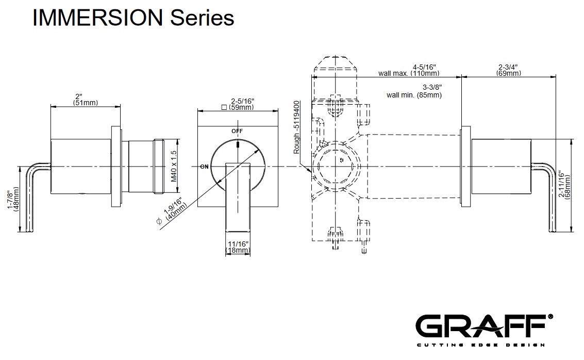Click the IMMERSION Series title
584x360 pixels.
tap(133, 18)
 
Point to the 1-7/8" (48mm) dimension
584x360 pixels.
tap(13, 199)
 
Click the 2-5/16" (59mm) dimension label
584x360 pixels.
tap(236, 104)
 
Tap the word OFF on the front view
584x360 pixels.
tap(237, 131)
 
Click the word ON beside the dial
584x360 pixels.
tap(204, 167)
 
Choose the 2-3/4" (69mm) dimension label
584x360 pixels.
tap(508, 70)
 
